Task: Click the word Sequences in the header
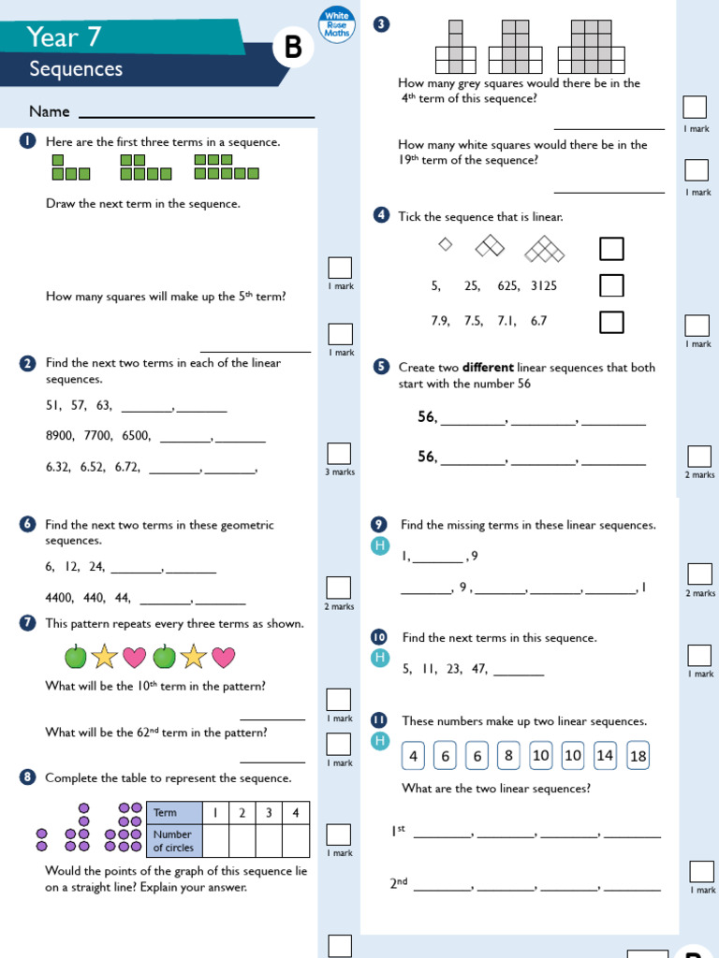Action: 76,69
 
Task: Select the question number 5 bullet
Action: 381,367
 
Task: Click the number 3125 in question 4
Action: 544,286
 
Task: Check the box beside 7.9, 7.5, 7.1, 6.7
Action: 611,322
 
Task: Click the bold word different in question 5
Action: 488,368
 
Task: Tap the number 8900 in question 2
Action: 60,435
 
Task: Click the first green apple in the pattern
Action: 76,658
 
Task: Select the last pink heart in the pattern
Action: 223,658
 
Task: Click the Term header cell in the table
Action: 166,813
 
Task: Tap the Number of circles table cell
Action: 174,841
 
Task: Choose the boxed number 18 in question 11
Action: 638,757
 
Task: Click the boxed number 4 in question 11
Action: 414,756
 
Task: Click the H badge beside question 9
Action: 379,545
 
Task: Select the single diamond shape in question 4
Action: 446,244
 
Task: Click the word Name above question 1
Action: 50,111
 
